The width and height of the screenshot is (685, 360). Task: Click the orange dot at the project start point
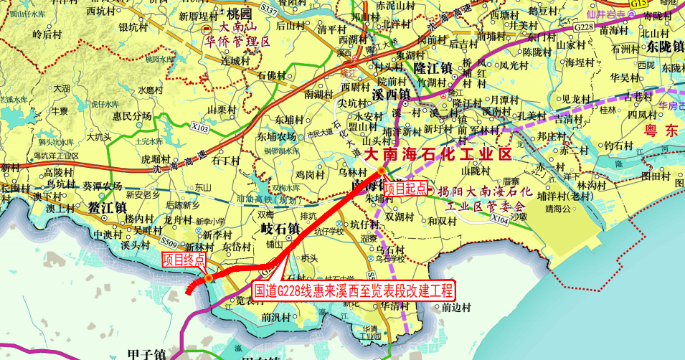tap(381, 171)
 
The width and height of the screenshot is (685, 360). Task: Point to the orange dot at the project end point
tap(207, 278)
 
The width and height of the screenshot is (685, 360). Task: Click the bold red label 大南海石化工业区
tap(437, 154)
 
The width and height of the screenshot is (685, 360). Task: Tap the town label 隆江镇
tap(432, 68)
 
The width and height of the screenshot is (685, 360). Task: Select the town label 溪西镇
tap(391, 95)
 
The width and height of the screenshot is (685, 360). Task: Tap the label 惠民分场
tap(132, 115)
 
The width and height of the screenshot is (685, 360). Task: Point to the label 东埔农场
tap(276, 136)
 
